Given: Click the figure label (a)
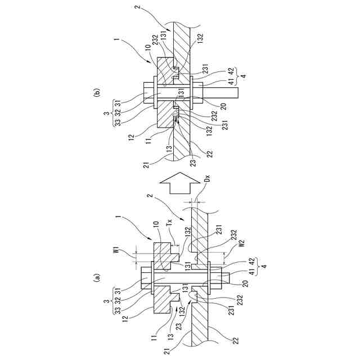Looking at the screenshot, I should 97,277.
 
